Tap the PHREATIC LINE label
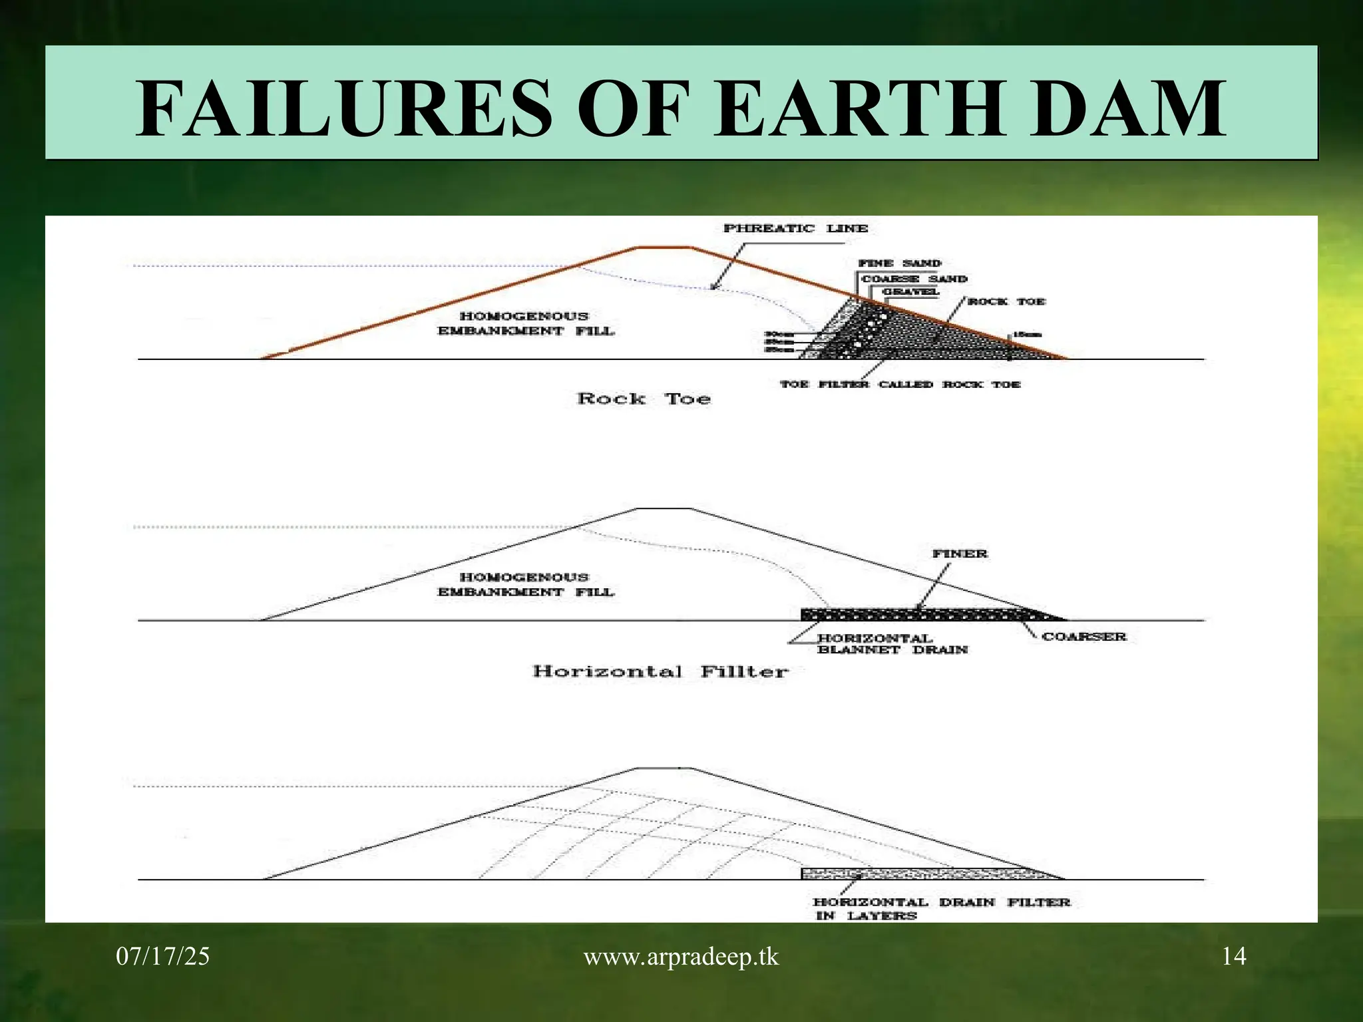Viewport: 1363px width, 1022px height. (795, 228)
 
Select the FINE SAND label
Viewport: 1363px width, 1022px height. (900, 263)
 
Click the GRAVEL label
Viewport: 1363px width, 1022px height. (910, 292)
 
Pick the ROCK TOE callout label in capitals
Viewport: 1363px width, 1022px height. (1006, 301)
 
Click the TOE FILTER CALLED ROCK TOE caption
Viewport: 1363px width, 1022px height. (900, 385)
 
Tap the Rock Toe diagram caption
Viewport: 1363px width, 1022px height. (644, 399)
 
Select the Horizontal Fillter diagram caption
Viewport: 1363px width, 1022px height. (660, 671)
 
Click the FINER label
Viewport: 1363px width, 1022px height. (960, 554)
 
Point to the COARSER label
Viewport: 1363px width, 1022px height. (1084, 637)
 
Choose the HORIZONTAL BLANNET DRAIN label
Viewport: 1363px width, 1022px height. (892, 644)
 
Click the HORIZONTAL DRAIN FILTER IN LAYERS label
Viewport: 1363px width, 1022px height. (941, 909)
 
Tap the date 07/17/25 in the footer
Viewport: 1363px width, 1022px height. (162, 957)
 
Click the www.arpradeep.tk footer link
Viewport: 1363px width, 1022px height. (681, 957)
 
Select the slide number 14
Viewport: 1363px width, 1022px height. (1234, 957)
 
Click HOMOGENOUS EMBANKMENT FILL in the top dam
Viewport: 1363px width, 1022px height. (526, 323)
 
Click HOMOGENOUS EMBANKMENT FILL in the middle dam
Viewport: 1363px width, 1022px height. (526, 584)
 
